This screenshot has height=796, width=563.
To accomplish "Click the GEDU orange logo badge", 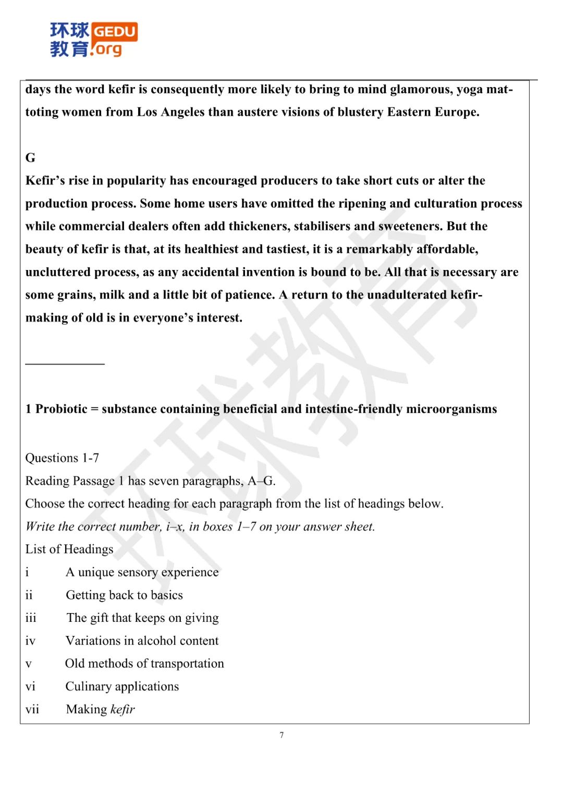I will click(x=115, y=32).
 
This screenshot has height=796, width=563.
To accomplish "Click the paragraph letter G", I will click(x=30, y=158).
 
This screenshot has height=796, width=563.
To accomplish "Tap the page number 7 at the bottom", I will click(x=281, y=735).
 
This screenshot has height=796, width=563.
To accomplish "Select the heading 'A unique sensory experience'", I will click(x=142, y=572).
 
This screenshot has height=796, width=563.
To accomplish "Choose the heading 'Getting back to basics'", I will click(x=124, y=595).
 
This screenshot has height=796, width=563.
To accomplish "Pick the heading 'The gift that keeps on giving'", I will click(x=142, y=618).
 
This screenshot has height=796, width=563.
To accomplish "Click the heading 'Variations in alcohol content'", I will click(x=142, y=641).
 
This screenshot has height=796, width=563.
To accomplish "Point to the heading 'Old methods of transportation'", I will click(x=144, y=664).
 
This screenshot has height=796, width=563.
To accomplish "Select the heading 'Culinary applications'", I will click(x=122, y=687).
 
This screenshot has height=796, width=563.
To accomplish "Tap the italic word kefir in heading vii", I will click(x=123, y=709).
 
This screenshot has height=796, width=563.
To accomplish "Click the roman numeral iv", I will click(x=30, y=641).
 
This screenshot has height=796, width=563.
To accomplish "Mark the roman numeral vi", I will click(x=30, y=687).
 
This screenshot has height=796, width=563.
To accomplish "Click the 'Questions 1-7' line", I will click(x=62, y=458).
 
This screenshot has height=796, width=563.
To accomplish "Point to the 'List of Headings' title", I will click(x=69, y=549).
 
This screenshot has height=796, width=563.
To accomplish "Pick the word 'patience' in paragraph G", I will click(x=247, y=295).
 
